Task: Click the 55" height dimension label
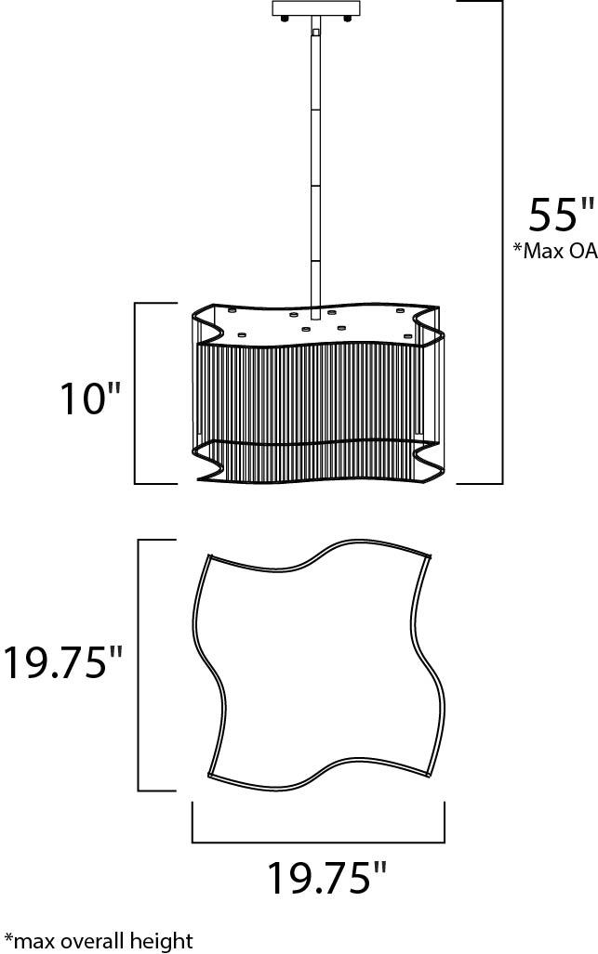(x=560, y=215)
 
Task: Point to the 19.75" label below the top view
(x=327, y=876)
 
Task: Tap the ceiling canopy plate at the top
(x=316, y=8)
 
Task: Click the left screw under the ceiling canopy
(x=285, y=20)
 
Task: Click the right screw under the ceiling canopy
(x=348, y=20)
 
